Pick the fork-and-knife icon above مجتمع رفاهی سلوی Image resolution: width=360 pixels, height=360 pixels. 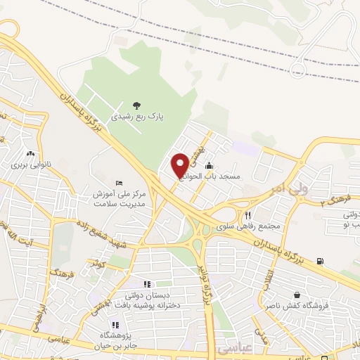247,215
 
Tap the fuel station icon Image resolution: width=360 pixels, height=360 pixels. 321,262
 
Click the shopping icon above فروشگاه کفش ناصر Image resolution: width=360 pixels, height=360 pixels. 296,295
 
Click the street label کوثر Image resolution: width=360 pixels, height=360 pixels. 96,264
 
